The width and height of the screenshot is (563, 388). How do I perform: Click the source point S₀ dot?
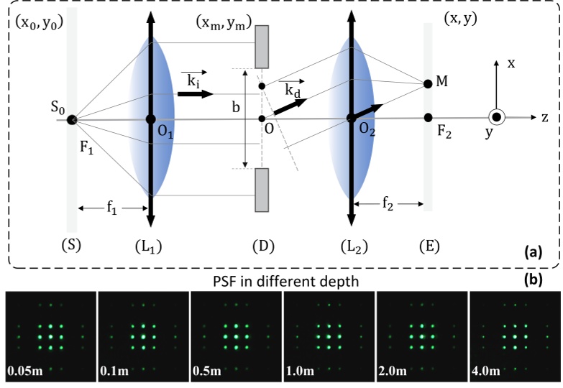tap(72, 119)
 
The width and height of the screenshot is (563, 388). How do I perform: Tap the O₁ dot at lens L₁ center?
tap(150, 119)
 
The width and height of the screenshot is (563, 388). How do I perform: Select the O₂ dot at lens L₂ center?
tap(350, 119)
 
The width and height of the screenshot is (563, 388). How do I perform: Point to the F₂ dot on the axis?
tap(428, 117)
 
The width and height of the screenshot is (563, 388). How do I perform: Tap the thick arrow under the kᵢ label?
tap(196, 94)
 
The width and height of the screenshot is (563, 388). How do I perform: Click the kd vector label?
tap(293, 89)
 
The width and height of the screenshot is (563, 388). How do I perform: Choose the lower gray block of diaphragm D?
tap(262, 190)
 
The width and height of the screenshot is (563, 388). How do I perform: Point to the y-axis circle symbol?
tap(495, 117)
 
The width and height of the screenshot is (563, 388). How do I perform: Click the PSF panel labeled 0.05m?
tap(50, 336)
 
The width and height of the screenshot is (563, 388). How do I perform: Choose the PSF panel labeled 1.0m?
tap(329, 336)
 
